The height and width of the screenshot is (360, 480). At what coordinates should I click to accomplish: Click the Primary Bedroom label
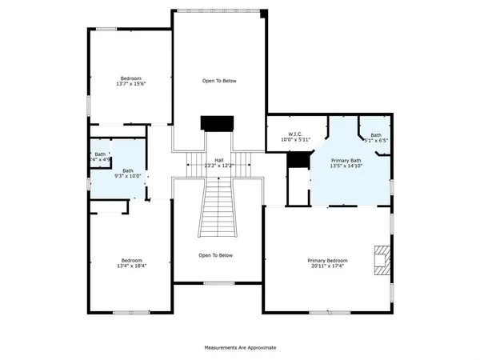(328, 260)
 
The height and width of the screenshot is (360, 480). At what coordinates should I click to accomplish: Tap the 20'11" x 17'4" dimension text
(328, 266)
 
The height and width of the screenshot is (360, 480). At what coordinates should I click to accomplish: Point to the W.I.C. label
(295, 134)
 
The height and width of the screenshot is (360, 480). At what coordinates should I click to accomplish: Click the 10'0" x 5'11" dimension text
(295, 140)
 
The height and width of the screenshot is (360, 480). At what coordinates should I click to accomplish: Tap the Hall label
(218, 159)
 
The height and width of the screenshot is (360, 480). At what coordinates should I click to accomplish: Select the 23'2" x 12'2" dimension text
(218, 166)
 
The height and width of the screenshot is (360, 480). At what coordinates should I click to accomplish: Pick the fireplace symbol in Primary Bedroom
(379, 260)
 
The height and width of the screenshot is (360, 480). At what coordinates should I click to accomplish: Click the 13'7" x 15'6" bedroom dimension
(131, 84)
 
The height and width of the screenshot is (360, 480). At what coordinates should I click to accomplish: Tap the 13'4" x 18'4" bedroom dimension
(131, 266)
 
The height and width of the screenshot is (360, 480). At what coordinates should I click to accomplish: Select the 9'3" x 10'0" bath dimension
(128, 176)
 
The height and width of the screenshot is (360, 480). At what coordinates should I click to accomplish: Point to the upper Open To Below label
(218, 81)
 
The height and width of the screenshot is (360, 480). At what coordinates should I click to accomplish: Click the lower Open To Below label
(216, 255)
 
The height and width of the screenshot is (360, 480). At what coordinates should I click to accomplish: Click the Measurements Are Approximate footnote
(240, 348)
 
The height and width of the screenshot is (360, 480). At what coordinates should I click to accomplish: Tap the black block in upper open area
(216, 122)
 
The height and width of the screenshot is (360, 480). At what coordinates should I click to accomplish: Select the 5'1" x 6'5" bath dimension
(376, 140)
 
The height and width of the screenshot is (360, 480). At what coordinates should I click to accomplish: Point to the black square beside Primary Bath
(298, 160)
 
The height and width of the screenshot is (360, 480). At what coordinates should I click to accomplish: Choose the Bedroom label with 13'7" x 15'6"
(131, 78)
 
